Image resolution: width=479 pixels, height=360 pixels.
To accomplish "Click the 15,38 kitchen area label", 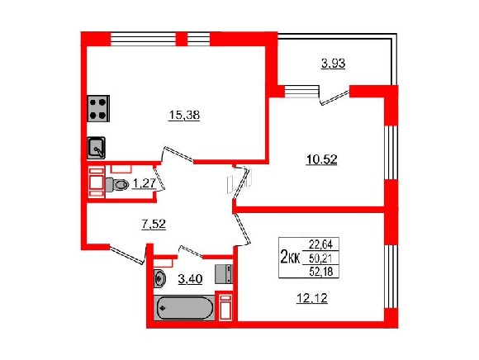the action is (184, 116).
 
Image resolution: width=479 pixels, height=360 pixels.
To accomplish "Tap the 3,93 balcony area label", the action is (333, 64).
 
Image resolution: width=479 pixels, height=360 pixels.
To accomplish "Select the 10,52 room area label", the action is (321, 159).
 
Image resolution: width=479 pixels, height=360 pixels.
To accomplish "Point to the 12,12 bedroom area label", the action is (312, 298).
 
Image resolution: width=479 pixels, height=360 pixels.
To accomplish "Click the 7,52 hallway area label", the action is (154, 224).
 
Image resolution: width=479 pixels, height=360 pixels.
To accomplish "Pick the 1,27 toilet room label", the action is (145, 183).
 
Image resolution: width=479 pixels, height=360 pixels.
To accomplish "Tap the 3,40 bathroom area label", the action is (190, 279).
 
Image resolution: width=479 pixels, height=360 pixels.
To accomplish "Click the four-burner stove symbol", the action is (98, 109).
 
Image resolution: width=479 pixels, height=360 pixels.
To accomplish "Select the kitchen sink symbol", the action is (97, 148).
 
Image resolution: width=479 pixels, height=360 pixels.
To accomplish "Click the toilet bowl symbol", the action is (117, 185).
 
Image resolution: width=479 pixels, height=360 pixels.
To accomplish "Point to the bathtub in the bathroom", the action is (184, 308).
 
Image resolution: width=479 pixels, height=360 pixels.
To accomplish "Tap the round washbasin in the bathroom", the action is (159, 278).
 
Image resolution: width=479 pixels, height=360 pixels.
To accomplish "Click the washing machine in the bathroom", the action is (224, 274).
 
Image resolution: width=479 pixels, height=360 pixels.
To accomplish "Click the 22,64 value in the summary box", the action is (320, 244).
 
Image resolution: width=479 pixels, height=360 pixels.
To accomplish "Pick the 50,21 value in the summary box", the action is (320, 258).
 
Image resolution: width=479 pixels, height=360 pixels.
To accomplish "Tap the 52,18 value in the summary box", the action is (320, 271).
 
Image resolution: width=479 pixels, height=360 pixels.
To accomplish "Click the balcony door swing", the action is (334, 97).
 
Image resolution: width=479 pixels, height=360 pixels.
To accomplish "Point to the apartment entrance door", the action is (127, 254).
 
